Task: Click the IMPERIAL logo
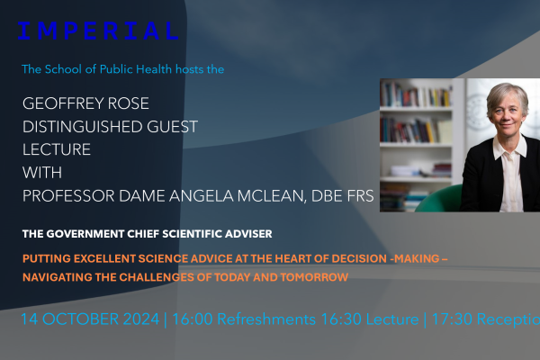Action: point(98,31)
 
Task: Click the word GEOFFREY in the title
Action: point(63,103)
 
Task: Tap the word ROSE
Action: point(129,103)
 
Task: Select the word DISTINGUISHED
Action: point(82,126)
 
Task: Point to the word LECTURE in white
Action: point(57,149)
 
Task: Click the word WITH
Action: point(42,173)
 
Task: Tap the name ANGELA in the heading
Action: point(201,196)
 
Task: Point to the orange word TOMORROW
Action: point(314,277)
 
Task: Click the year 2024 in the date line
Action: point(141,319)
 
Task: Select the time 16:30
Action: point(341,319)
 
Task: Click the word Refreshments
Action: point(266,319)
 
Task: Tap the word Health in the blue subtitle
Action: point(154,69)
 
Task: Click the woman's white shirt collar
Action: point(510,148)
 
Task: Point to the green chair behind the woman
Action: point(438,199)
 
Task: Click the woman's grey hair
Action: point(508,94)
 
